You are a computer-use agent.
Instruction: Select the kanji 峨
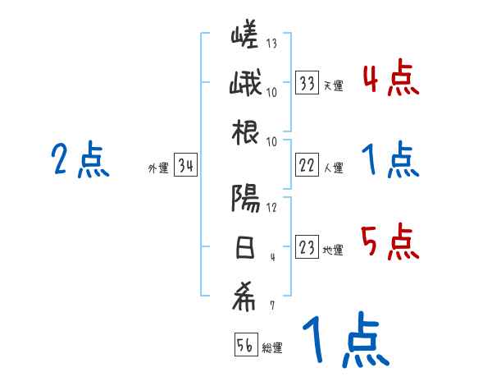pyautogui.click(x=245, y=85)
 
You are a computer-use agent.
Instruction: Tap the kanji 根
pyautogui.click(x=245, y=135)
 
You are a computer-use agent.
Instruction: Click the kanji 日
pyautogui.click(x=245, y=247)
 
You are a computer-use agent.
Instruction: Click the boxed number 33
pyautogui.click(x=307, y=82)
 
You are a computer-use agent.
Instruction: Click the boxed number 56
pyautogui.click(x=245, y=345)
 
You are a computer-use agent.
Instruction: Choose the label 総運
pyautogui.click(x=271, y=348)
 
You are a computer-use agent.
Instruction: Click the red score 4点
pyautogui.click(x=390, y=80)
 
